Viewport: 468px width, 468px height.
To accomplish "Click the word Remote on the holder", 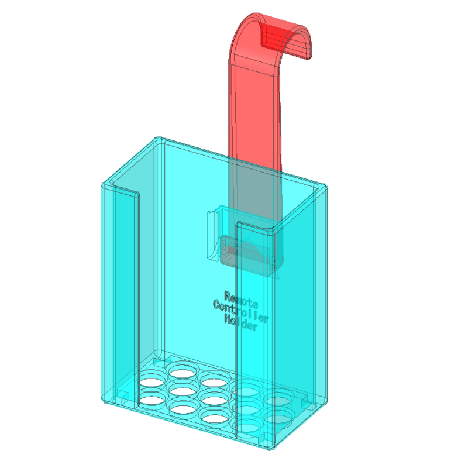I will coord(240,298).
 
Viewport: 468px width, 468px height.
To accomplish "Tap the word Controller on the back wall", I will coord(240,311).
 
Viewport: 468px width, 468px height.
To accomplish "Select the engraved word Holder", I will coord(240,324).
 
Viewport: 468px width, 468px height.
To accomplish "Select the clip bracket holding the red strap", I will coord(243,240).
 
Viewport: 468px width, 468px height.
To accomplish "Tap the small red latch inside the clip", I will coord(232,251).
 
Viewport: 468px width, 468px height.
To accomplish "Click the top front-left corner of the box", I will coord(105,186).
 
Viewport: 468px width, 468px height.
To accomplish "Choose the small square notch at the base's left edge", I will coord(124,394).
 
